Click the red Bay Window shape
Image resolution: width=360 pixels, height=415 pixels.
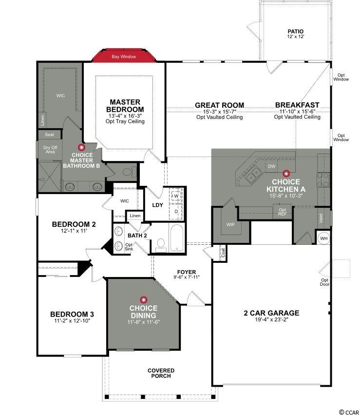pos(124,56)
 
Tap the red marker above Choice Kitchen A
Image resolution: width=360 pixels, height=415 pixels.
pos(286,174)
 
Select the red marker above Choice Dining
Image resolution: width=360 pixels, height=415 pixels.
pos(144,299)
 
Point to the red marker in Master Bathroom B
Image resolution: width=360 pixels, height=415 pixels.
pos(82,147)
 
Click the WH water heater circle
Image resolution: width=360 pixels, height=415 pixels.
pos(324,238)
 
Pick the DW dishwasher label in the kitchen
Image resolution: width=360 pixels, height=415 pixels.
pos(272,166)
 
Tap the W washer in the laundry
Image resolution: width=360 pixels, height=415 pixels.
pos(176,196)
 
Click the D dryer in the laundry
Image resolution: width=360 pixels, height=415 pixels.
pos(176,212)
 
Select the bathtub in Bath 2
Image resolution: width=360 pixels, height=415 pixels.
pos(176,237)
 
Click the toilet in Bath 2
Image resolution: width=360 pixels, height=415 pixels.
pos(161,245)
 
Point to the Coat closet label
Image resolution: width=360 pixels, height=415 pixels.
pos(223,253)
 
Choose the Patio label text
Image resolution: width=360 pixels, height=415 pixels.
pos(296,32)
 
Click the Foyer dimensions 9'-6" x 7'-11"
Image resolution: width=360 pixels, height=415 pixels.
pos(187,277)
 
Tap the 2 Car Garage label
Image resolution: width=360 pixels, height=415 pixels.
pos(271,313)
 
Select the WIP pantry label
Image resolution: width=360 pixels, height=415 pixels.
pos(230,224)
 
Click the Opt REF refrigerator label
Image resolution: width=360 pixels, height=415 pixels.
pos(282,212)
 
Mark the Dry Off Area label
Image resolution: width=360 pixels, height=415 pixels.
pos(50,150)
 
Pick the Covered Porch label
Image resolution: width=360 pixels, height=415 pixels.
pos(161,373)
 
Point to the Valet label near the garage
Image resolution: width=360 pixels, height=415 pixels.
pos(321,218)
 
